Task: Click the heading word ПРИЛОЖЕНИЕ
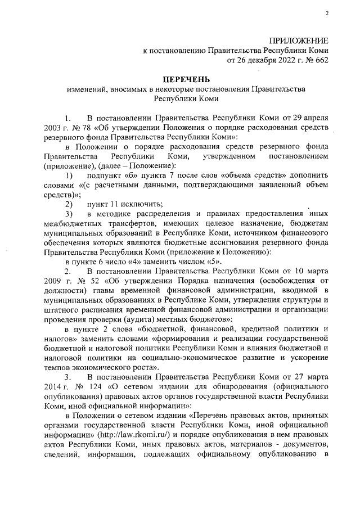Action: point(298,40)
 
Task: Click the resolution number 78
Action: point(74,128)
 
